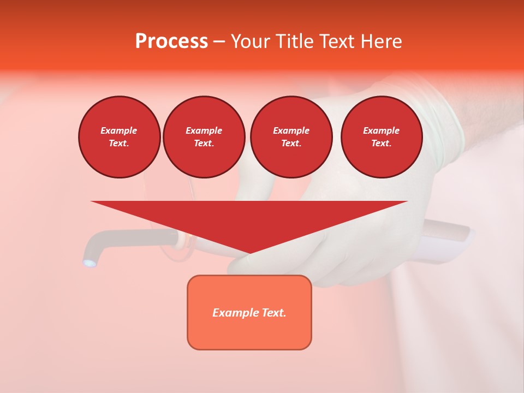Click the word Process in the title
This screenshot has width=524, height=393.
tap(171, 41)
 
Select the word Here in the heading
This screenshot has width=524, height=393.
tap(381, 41)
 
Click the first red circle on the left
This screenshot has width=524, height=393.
tap(119, 137)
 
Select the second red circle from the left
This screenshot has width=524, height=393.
tap(204, 137)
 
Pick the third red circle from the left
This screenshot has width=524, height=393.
tap(291, 137)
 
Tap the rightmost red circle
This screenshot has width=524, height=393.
tap(382, 137)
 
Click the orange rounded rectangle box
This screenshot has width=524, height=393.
tap(249, 312)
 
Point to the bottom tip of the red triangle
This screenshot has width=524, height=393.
tap(249, 254)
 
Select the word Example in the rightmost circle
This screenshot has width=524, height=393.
tap(382, 130)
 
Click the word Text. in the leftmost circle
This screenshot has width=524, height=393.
tap(119, 144)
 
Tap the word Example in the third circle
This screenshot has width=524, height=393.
tap(291, 130)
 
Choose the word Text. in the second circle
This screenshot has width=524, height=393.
tap(204, 144)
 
